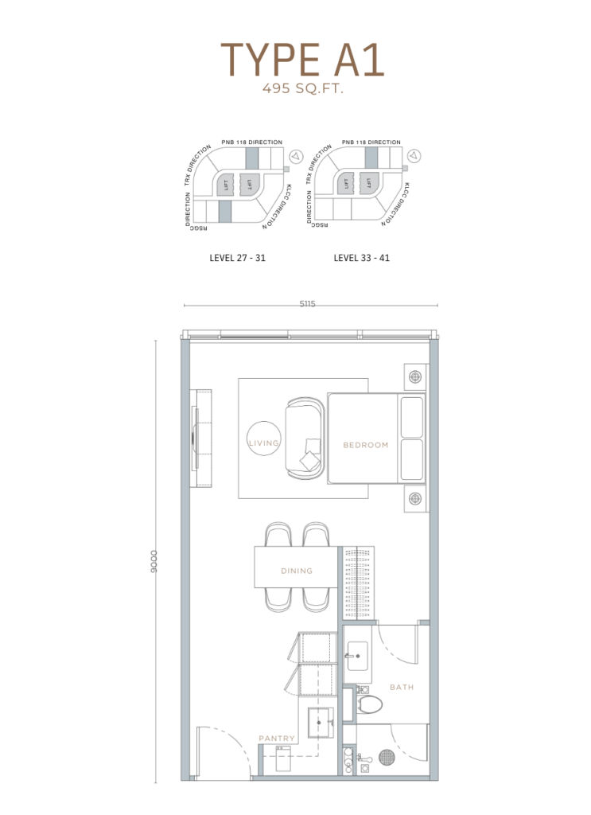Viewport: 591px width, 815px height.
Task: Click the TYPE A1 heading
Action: (x=302, y=60)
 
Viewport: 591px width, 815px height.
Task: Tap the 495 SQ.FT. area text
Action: (x=303, y=88)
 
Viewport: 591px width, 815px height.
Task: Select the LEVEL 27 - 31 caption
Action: (x=237, y=258)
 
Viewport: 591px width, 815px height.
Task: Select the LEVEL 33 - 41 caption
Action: (x=361, y=258)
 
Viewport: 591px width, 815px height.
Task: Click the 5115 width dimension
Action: (x=308, y=303)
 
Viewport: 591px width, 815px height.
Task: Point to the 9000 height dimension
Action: (x=154, y=561)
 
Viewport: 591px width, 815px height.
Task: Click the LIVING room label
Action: (x=264, y=443)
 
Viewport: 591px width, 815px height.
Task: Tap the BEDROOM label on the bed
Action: (x=366, y=445)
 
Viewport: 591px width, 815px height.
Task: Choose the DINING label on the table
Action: (x=297, y=571)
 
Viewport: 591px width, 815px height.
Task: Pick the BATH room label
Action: (x=402, y=687)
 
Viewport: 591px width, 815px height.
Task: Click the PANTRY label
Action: (x=277, y=738)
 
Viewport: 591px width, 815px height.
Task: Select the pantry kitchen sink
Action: (x=321, y=723)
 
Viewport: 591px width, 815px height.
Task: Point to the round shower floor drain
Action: (x=387, y=757)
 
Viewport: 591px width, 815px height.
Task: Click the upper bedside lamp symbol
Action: (x=415, y=376)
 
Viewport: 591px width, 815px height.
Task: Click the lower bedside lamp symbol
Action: (x=415, y=499)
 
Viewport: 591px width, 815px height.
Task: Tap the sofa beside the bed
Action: (x=305, y=439)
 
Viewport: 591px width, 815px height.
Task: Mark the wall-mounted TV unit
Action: (x=200, y=439)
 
